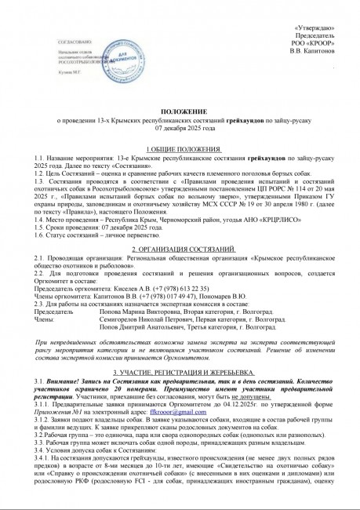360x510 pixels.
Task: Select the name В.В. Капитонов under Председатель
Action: (x=315, y=52)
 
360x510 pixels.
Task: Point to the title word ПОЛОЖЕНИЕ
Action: (x=180, y=114)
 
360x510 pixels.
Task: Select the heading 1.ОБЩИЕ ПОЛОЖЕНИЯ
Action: (x=180, y=149)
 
